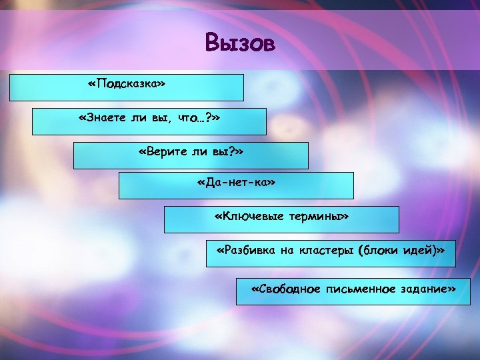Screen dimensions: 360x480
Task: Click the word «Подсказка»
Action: (x=126, y=85)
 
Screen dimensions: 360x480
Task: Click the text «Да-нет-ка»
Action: (x=236, y=182)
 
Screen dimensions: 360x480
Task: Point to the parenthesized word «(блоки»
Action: (x=379, y=250)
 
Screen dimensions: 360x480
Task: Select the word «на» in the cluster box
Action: (x=286, y=250)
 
